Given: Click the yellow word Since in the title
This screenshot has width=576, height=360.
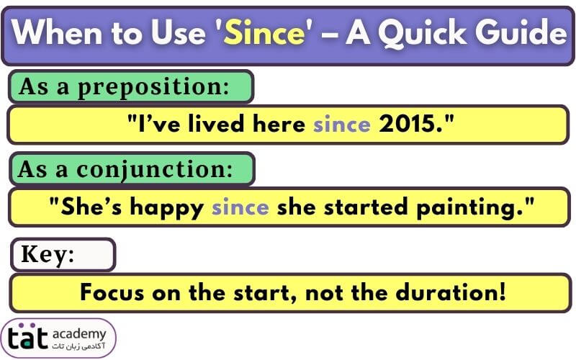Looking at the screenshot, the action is coord(264,32).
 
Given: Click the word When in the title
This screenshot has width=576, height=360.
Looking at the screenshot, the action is coord(57,32).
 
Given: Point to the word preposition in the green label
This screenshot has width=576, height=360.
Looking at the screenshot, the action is coord(153,87).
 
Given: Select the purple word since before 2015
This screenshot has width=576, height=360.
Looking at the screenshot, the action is coord(341,125).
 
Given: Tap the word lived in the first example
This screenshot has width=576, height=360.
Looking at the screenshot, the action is coord(216,123).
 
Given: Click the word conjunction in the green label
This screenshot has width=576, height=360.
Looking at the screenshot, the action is coord(155,170).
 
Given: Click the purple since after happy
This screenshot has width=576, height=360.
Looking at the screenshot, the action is coord(240,207).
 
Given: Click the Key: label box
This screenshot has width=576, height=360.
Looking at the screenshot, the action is coord(63,255).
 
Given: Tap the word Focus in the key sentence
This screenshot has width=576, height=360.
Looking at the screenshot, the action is coord(112,293).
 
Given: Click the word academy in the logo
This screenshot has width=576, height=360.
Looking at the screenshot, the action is coord(79,334).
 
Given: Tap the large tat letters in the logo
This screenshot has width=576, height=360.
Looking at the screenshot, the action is coord(27,336).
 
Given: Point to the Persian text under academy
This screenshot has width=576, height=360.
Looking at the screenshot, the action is coord(78,346).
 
